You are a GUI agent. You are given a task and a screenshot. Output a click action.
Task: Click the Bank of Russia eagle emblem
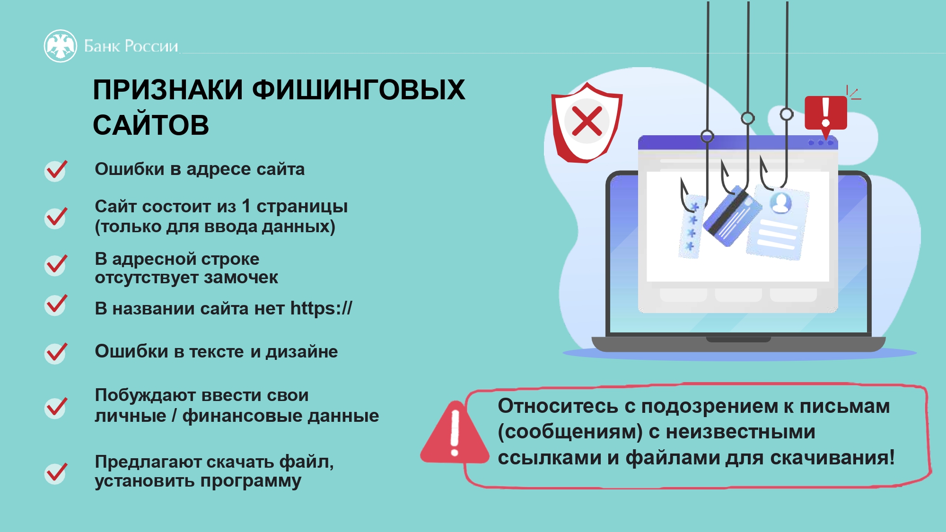point(60,46)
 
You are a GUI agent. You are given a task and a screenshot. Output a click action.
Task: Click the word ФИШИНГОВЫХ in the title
point(358,89)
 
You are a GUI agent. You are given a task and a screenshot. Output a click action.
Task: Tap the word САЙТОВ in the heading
point(151,125)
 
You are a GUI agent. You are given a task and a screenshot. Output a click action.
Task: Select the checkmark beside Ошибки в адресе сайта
point(56,170)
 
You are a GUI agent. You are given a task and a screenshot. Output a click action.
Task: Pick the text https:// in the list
point(321,308)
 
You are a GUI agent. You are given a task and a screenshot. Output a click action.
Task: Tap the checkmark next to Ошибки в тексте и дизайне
point(56,353)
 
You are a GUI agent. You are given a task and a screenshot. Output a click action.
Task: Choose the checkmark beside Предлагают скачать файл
point(56,473)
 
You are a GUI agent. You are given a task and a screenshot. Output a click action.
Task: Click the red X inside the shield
point(587,121)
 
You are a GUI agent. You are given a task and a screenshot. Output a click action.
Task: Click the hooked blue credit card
point(732,216)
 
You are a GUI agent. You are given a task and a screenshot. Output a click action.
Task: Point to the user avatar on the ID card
point(780,202)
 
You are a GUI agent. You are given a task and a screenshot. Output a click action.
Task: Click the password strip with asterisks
point(691,227)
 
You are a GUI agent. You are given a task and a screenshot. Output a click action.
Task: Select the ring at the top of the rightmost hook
point(787,114)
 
